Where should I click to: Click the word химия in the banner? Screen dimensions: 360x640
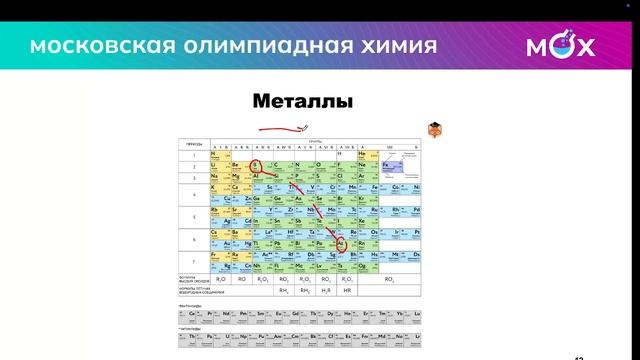pos(394,47)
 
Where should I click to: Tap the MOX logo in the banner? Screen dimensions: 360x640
pos(560,47)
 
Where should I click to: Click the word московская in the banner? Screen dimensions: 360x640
pos(89,47)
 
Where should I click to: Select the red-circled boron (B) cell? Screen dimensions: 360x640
pos(256,164)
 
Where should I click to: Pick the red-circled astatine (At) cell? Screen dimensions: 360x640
pos(341,241)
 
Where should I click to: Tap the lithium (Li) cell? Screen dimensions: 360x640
pos(215,164)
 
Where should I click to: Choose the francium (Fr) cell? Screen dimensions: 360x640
pos(215,255)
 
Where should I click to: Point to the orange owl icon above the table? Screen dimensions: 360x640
pos(435,130)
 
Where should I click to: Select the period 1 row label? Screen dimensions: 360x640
pos(192,155)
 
